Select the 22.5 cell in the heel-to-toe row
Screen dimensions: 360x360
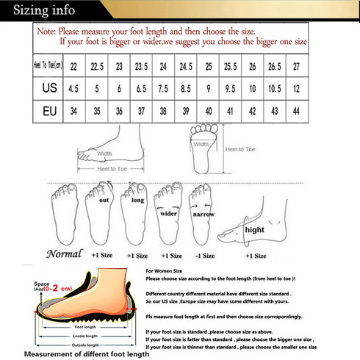point(96,67)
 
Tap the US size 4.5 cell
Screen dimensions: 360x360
point(74,90)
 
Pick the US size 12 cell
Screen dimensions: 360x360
point(297,90)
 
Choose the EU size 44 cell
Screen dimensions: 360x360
point(297,112)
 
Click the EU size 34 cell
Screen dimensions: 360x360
point(74,112)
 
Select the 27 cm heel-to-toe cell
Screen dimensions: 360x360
point(297,67)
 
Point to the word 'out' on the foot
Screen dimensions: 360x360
point(104,199)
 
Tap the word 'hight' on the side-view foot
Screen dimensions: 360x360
point(254,229)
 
